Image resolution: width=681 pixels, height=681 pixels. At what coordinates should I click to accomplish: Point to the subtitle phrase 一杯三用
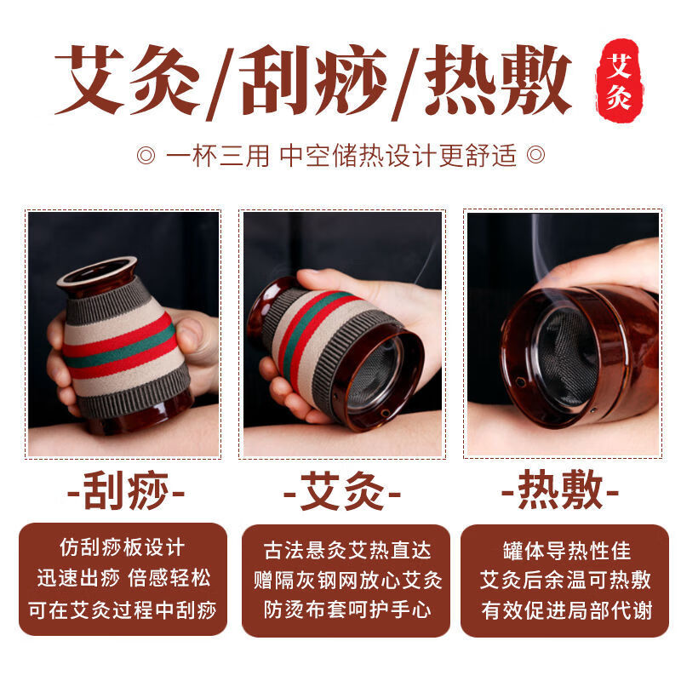pos(217,156)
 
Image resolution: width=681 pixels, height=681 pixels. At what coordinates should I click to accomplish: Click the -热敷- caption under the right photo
pos(559,491)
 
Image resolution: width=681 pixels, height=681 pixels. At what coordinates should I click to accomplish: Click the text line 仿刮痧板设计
pos(123,547)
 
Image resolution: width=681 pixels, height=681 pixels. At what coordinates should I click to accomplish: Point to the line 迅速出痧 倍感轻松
pos(123,579)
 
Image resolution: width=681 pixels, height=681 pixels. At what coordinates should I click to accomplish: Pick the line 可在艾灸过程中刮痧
pos(123,609)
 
